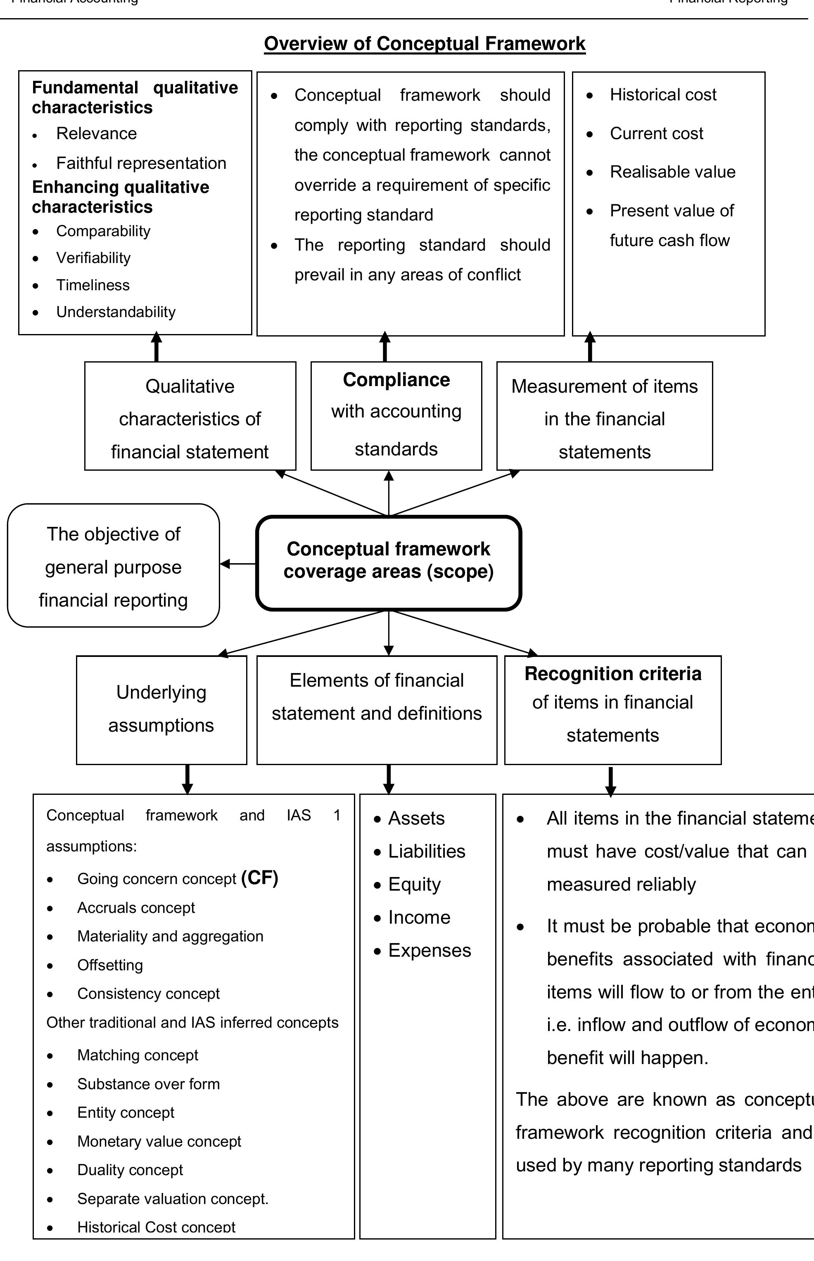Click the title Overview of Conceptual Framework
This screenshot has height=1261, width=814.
tap(425, 44)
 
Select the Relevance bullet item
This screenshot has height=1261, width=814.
tap(96, 134)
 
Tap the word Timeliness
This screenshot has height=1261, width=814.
tap(93, 285)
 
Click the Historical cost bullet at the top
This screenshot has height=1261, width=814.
tap(663, 95)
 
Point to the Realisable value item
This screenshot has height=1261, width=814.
tap(672, 172)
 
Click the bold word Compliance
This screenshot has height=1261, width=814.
tap(396, 380)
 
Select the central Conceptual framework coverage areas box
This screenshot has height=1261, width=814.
tap(389, 562)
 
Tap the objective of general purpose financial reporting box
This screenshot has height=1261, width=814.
tap(113, 566)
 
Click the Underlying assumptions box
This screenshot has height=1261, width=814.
tap(161, 709)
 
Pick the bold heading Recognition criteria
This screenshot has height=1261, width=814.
tap(612, 674)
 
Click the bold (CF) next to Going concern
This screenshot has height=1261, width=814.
tap(259, 877)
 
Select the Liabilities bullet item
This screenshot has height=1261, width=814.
tap(427, 851)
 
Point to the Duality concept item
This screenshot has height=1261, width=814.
tap(130, 1170)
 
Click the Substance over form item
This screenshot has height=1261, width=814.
tap(148, 1084)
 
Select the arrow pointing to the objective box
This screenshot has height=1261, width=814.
tap(237, 564)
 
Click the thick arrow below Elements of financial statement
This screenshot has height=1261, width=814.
tap(389, 778)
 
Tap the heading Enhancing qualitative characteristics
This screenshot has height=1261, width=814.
tap(121, 197)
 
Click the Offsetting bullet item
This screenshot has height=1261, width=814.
tap(110, 965)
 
